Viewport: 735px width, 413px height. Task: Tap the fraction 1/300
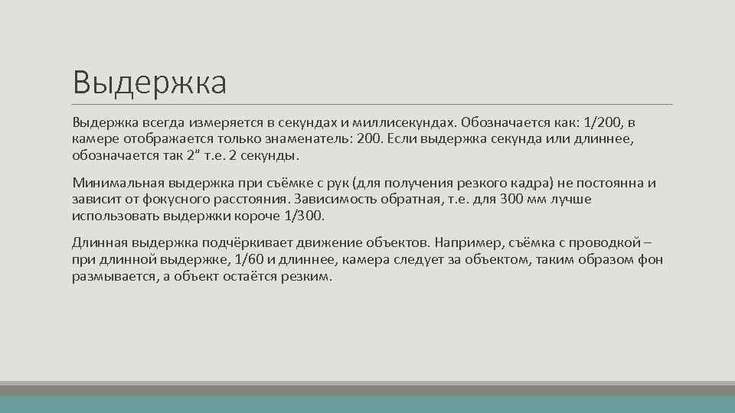[305, 216]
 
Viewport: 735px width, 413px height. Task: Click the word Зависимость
[335, 200]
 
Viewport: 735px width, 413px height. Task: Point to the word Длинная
[97, 243]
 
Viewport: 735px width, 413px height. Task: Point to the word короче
[258, 216]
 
